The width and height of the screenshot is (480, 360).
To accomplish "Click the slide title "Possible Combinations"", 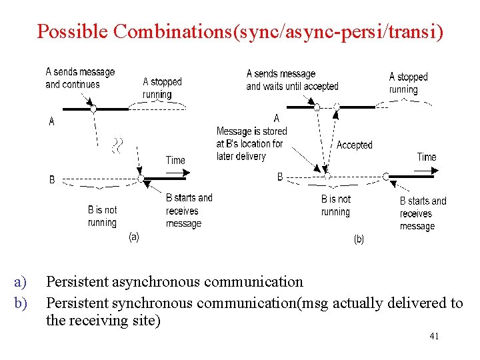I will click(x=133, y=31).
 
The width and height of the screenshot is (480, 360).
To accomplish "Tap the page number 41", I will click(x=434, y=336).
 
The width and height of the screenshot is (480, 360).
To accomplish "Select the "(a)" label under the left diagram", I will click(x=133, y=237).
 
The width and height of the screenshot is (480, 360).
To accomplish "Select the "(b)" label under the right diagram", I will click(x=359, y=239).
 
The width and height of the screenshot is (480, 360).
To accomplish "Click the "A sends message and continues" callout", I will click(x=80, y=78).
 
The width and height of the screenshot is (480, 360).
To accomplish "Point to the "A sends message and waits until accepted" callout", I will click(x=292, y=80).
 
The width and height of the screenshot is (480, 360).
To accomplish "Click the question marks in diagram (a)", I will click(x=118, y=145).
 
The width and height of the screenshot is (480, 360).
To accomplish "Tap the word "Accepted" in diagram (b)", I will click(x=354, y=145).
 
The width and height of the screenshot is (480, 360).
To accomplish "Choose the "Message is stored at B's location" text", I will click(x=251, y=143).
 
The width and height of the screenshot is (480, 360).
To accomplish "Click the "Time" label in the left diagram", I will click(x=175, y=160).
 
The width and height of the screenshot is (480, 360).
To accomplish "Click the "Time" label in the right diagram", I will click(x=426, y=157).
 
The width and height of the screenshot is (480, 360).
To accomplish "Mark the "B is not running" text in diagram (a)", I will click(x=102, y=216).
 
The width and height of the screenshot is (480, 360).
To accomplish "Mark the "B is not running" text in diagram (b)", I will click(x=335, y=205).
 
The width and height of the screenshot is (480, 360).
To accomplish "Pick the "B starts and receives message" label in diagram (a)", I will click(x=189, y=211).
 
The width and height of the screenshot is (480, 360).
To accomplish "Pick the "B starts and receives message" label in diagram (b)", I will click(x=423, y=213).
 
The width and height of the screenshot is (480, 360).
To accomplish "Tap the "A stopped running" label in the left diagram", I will click(x=162, y=88).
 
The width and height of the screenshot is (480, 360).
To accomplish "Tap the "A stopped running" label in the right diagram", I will click(x=408, y=83).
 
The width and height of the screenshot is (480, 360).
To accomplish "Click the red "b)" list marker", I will click(x=20, y=303).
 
